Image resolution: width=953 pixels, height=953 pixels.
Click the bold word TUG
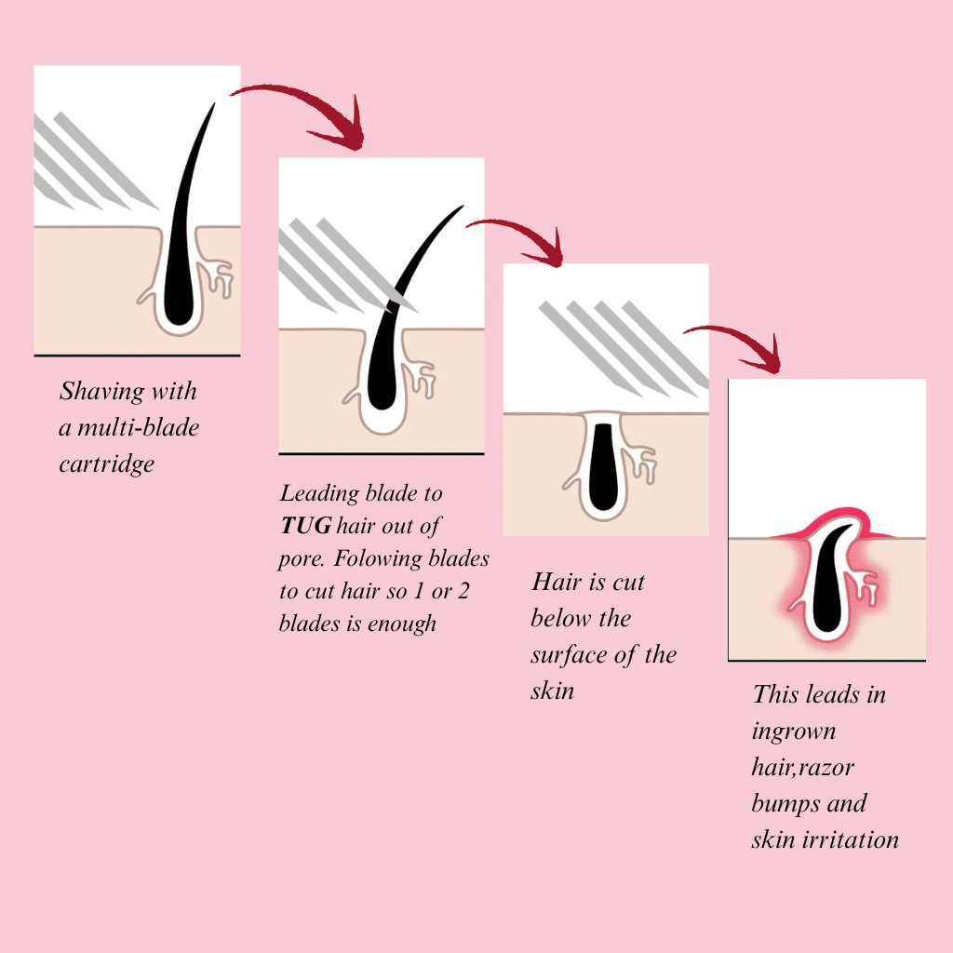[x=304, y=527]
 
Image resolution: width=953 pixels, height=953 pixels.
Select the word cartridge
[x=106, y=463]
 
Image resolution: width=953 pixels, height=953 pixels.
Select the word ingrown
[x=794, y=731]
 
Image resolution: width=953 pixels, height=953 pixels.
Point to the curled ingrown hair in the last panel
[x=825, y=582]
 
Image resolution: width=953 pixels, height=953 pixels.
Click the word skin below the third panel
[x=552, y=691]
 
